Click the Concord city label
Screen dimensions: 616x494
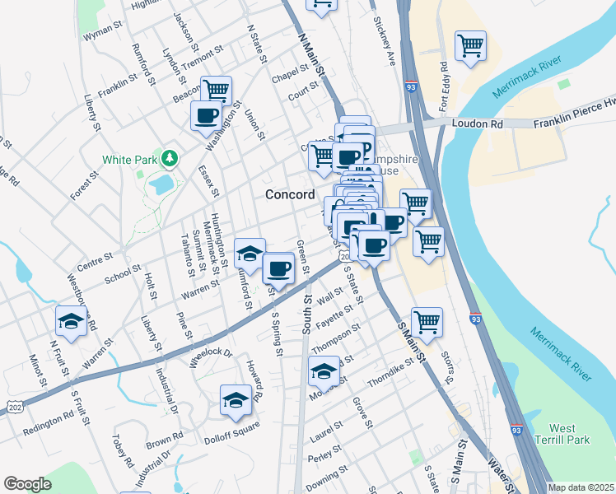(290, 195)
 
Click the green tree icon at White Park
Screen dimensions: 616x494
(169, 157)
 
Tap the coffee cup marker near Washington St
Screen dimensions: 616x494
(206, 115)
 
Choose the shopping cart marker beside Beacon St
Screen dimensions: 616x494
(216, 91)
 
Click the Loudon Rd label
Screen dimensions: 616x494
(477, 123)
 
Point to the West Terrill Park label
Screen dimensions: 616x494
(562, 435)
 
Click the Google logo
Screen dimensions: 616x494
(27, 484)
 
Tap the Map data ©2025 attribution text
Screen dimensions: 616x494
(581, 487)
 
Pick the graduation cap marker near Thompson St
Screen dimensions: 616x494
(324, 372)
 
